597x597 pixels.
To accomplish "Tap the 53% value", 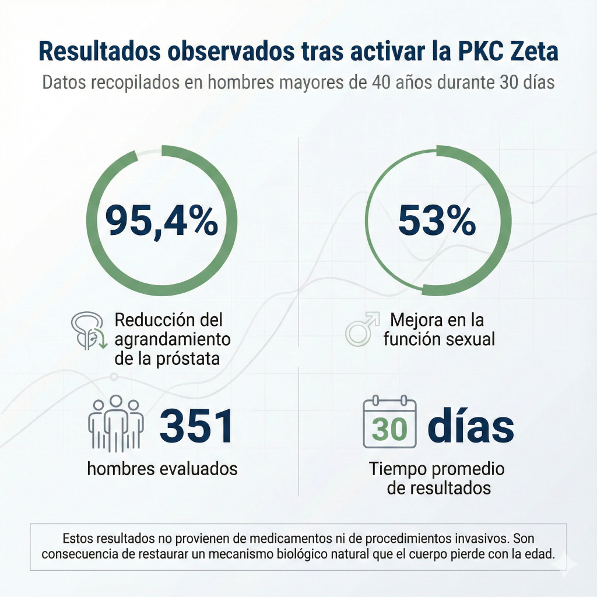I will click(x=437, y=222).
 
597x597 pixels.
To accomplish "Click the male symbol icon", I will click(x=360, y=329).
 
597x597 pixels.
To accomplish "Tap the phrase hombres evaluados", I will click(x=162, y=468).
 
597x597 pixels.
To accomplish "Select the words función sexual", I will click(x=438, y=339).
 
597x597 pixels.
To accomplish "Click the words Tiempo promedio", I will click(x=437, y=469).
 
